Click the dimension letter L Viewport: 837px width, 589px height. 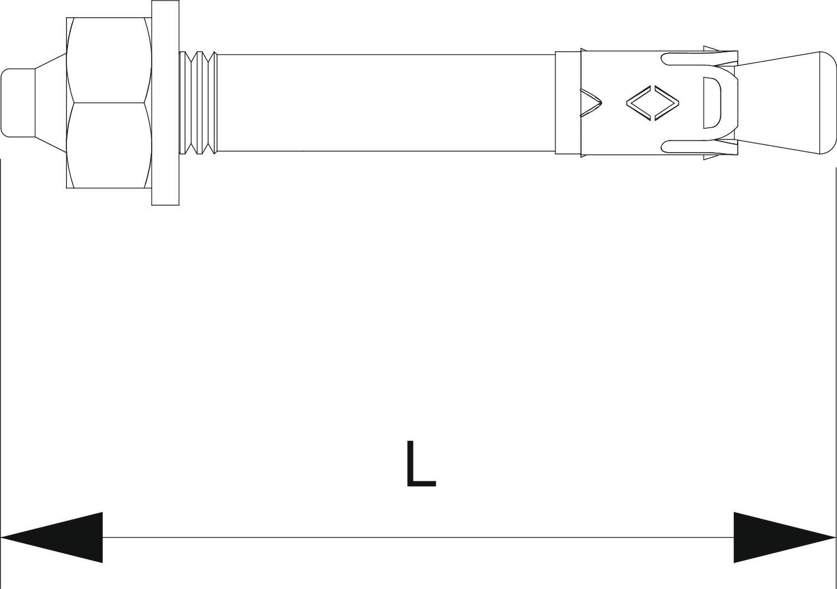420,464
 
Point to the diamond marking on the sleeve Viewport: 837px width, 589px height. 653,103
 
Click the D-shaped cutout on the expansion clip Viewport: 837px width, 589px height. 711,103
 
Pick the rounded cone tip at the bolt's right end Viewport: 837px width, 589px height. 792,103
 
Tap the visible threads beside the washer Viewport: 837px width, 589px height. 198,103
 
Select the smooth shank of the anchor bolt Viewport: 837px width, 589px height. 385,103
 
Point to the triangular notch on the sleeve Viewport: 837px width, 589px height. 590,103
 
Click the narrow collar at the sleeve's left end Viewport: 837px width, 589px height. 567,103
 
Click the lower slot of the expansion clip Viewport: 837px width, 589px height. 698,147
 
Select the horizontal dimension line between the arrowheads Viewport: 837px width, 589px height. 419,538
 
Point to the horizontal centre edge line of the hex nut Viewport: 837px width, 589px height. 109,103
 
